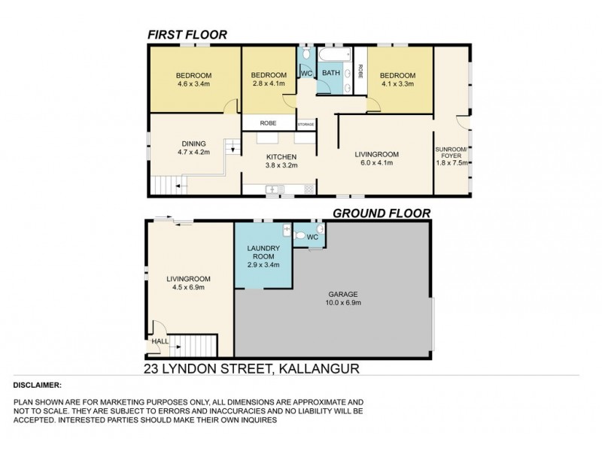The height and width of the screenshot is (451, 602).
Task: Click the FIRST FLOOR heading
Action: pos(187,35)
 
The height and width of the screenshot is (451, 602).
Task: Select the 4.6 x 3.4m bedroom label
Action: pos(193,80)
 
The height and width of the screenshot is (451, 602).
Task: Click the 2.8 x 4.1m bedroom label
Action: pos(269,80)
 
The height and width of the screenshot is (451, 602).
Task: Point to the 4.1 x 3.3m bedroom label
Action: pos(397,80)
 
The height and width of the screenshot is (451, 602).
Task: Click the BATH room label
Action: pos(331,73)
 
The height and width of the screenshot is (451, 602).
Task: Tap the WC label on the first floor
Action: pos(306,73)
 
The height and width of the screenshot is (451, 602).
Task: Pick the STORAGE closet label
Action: pos(306,124)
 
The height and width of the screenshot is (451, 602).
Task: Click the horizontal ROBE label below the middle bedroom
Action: pos(267,123)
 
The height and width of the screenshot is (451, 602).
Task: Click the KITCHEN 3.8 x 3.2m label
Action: pos(279,160)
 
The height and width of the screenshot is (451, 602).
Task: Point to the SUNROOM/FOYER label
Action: pos(452,154)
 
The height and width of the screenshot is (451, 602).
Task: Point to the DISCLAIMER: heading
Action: pos(37,384)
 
